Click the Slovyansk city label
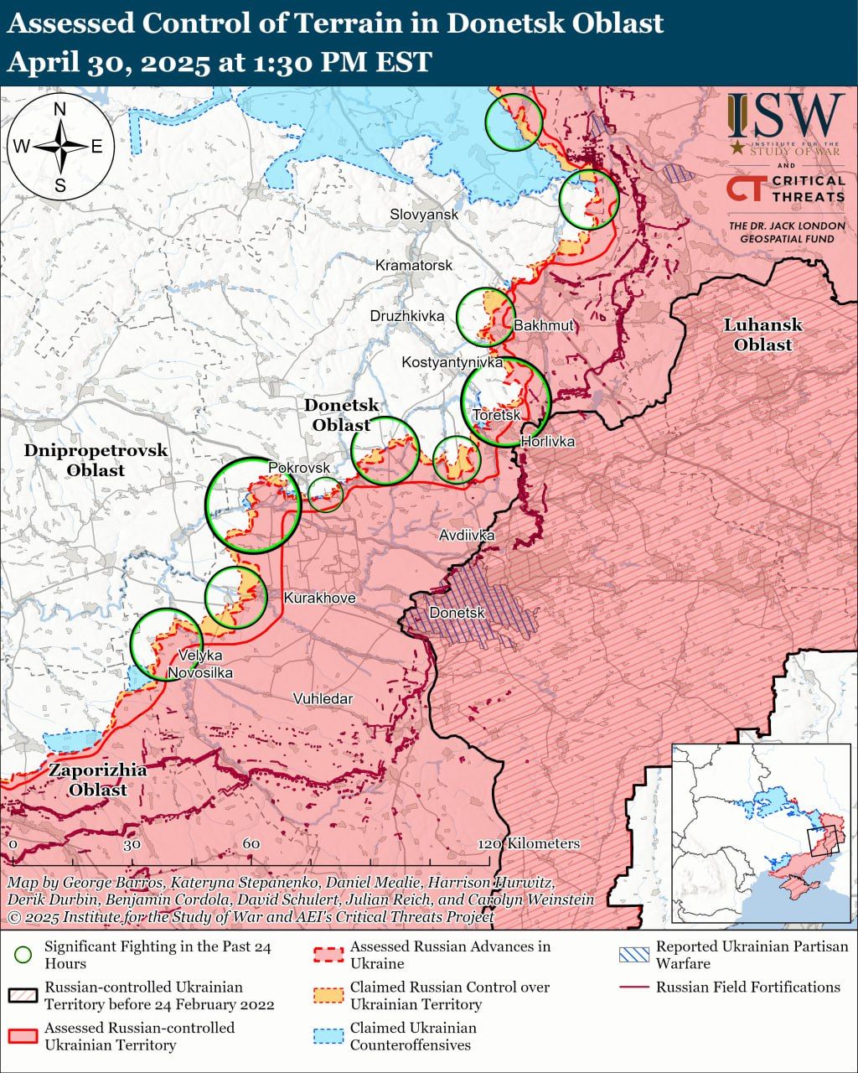(424, 215)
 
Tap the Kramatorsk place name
(414, 266)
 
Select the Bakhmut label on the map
(544, 325)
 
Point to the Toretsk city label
(496, 416)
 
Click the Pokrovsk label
(299, 468)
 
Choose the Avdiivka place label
(467, 536)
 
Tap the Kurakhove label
(319, 599)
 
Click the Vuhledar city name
(323, 699)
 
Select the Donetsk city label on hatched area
(457, 614)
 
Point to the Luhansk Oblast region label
(762, 334)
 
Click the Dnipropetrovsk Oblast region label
(96, 460)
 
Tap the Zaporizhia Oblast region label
(97, 780)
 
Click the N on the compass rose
(60, 109)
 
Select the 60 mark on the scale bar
(251, 844)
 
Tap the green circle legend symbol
(23, 955)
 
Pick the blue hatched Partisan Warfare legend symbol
(633, 955)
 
